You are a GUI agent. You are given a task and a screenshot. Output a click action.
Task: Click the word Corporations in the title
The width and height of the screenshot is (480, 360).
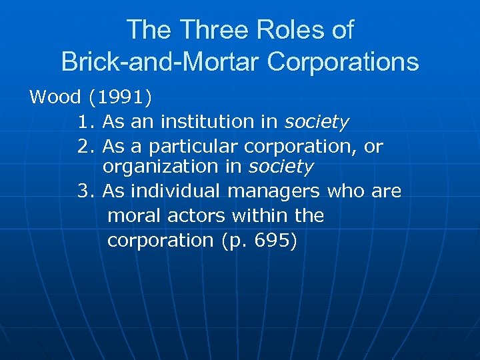343,62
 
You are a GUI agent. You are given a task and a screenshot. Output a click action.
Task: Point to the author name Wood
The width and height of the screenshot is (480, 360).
55,97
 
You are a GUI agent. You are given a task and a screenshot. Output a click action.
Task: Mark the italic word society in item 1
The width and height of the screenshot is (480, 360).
317,122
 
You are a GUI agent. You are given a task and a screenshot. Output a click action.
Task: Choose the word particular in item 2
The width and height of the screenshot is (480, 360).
193,146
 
